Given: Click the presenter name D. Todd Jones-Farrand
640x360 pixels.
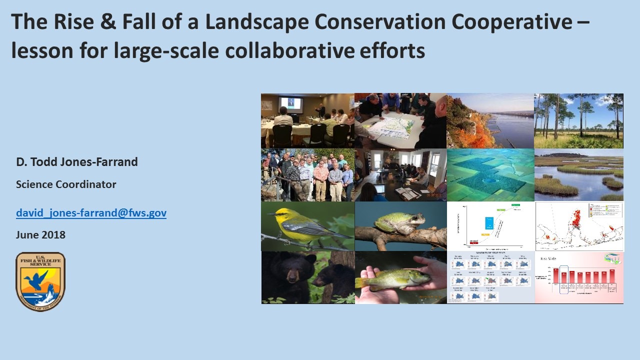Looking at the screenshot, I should click(76, 162).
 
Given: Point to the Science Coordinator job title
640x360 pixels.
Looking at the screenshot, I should click(66, 184).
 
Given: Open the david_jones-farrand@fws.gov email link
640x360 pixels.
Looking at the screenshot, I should click(91, 213).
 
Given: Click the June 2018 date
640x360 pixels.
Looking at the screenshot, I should click(40, 234).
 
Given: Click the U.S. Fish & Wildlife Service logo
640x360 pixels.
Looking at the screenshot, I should click(40, 281).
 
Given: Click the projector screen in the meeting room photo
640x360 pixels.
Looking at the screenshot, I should click(290, 104).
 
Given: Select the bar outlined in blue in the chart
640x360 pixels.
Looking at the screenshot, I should click(564, 283).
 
